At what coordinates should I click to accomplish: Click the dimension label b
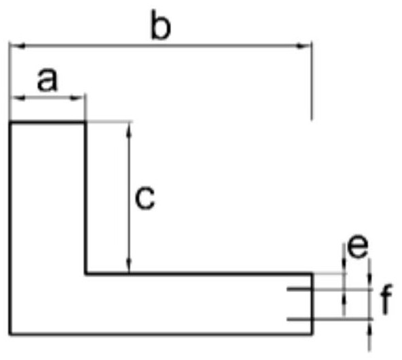[160, 25]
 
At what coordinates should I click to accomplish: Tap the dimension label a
[48, 79]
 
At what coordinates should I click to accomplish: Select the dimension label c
[145, 198]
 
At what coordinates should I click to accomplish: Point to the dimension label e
[357, 247]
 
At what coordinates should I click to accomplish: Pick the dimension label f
[386, 299]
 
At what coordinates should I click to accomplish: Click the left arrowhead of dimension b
[18, 46]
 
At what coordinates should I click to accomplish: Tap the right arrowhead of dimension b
[304, 46]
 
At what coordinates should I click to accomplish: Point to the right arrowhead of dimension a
[77, 98]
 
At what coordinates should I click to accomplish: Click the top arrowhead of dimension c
[130, 130]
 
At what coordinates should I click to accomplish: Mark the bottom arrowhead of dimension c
[130, 266]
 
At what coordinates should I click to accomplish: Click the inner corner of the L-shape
[86, 274]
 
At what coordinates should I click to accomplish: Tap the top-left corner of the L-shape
[10, 122]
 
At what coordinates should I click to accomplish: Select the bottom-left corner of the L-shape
[10, 334]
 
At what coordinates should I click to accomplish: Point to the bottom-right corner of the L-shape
[312, 334]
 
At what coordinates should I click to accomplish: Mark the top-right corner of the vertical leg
[85, 122]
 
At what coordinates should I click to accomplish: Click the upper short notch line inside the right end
[299, 289]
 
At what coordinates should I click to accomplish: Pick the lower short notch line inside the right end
[299, 319]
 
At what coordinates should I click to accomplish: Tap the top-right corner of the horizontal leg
[312, 274]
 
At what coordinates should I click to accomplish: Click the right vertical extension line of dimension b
[312, 80]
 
